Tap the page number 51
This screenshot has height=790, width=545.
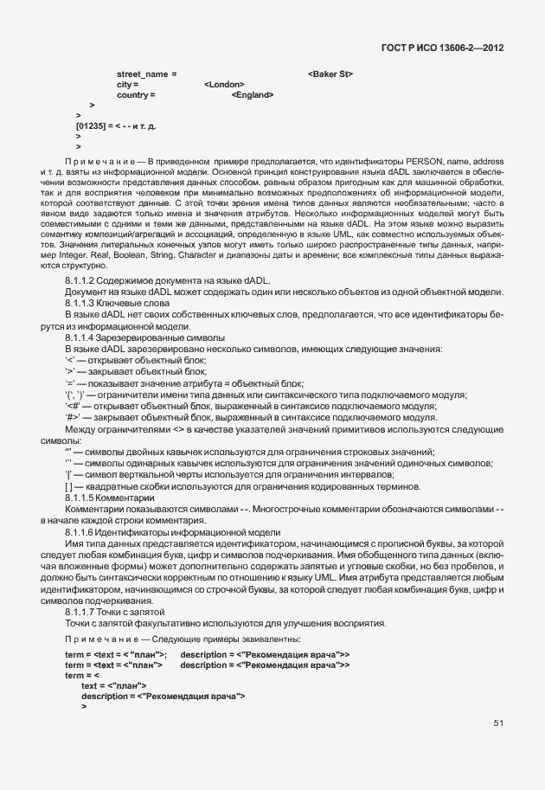[x=498, y=722]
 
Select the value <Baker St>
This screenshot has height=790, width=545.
[x=330, y=74]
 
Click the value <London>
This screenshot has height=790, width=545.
[x=224, y=85]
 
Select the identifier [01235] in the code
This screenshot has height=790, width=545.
[x=90, y=126]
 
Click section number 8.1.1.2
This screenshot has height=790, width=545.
[x=82, y=282]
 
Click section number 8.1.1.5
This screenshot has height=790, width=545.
[x=82, y=499]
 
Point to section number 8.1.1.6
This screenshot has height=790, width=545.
[x=82, y=533]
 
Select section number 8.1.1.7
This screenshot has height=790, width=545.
[x=82, y=612]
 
